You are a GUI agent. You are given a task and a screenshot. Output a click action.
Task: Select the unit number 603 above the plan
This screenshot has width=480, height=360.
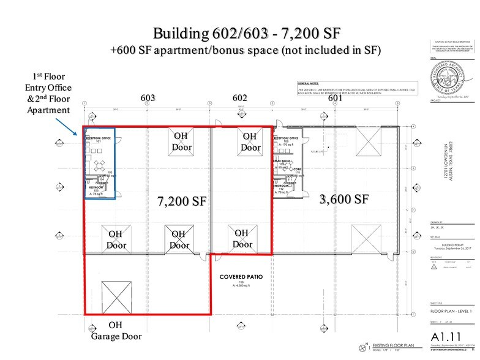147,97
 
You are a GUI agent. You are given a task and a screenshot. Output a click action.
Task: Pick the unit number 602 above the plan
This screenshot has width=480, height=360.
239,97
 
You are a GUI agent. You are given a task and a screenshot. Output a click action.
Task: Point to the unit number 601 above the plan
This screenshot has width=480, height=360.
335,97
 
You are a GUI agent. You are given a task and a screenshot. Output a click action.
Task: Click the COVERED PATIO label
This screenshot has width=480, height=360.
241,277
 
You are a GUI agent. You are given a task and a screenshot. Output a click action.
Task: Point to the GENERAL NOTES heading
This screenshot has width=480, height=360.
311,83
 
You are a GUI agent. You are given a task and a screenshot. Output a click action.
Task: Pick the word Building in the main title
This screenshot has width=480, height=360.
178,33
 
